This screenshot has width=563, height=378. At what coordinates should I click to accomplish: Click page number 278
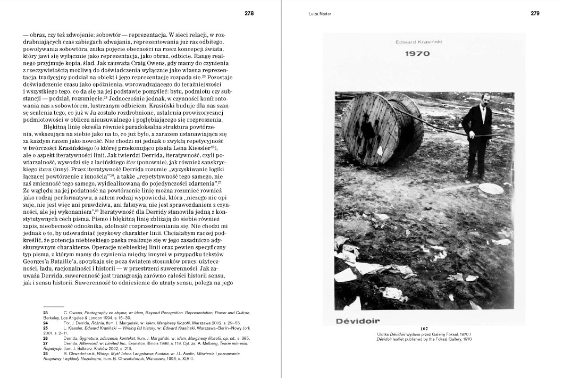249,14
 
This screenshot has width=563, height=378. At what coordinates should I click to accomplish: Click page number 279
535,14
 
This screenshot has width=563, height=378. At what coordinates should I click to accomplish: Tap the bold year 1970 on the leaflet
417,53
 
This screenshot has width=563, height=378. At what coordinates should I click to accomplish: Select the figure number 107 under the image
424,329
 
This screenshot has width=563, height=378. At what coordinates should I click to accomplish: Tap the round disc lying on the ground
490,189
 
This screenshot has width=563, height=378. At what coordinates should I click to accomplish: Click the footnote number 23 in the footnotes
46,312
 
